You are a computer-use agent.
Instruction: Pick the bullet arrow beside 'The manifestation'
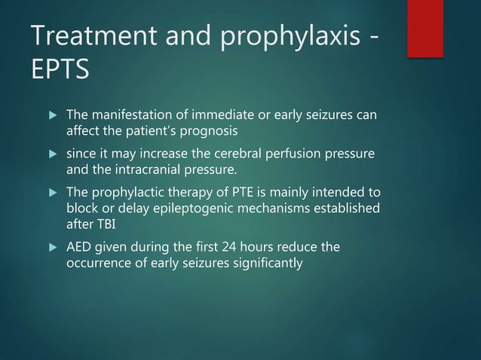tap(52, 116)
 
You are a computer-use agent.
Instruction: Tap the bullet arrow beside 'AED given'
tap(52, 248)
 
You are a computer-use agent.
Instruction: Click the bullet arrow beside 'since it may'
tap(52, 155)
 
